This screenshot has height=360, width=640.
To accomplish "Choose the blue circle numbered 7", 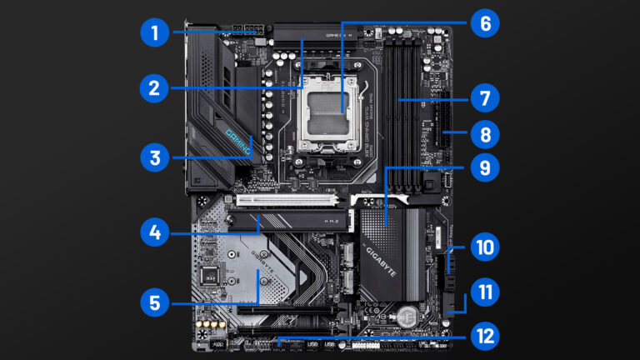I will [484, 98].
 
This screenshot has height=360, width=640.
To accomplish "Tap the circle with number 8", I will [484, 132].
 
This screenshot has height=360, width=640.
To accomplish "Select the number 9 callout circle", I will [484, 167].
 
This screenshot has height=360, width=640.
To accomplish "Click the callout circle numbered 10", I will [484, 247].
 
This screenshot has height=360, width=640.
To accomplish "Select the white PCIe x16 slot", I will [287, 200].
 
